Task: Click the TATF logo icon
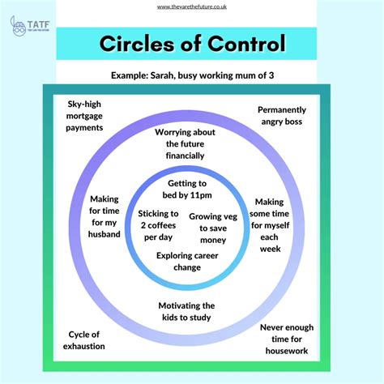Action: tap(18, 26)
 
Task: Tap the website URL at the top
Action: tap(192, 6)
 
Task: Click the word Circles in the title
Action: tap(137, 44)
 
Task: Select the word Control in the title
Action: tap(246, 43)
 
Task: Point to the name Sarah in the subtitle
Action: tap(162, 75)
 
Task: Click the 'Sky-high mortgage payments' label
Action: tap(84, 116)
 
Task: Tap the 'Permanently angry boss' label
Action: tap(282, 116)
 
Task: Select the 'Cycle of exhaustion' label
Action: tap(84, 340)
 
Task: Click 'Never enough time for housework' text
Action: tap(287, 339)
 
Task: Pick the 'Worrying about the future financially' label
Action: tap(185, 144)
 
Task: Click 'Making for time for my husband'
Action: tap(105, 216)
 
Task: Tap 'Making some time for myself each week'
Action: tap(270, 225)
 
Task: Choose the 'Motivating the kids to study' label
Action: tap(186, 311)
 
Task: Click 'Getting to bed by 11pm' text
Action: tap(187, 190)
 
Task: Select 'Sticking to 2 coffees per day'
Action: tap(158, 225)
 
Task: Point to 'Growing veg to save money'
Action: tap(213, 228)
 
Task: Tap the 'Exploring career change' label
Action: tap(187, 262)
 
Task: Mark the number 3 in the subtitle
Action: tap(271, 75)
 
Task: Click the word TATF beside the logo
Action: tap(39, 25)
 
